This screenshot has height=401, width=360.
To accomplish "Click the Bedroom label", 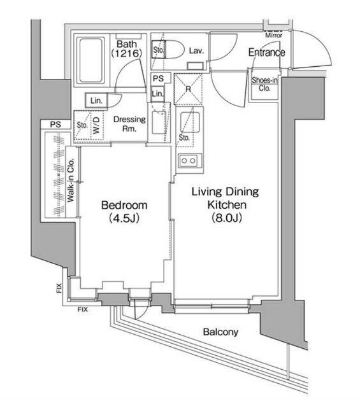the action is pyautogui.click(x=124, y=205).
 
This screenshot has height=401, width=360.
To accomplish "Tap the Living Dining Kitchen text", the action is pyautogui.click(x=226, y=198).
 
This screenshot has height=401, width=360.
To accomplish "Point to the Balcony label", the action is pyautogui.click(x=220, y=332).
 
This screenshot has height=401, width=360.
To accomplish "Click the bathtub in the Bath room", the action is pyautogui.click(x=90, y=60).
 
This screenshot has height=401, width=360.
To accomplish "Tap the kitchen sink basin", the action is pyautogui.click(x=190, y=122).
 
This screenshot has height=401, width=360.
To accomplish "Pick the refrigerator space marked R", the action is pyautogui.click(x=188, y=89).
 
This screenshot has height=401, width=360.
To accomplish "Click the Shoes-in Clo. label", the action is pyautogui.click(x=264, y=84).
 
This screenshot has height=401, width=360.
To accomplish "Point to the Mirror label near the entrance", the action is pyautogui.click(x=273, y=35).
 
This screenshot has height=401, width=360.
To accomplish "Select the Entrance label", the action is pyautogui.click(x=266, y=52).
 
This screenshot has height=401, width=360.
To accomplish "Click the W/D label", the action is pyautogui.click(x=96, y=125).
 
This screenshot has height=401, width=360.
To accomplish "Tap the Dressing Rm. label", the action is pyautogui.click(x=129, y=123).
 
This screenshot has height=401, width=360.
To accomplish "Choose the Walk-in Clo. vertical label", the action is pyautogui.click(x=71, y=180).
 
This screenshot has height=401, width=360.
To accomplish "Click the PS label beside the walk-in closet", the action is pyautogui.click(x=55, y=125).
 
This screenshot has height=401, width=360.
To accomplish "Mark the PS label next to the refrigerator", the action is pyautogui.click(x=158, y=78).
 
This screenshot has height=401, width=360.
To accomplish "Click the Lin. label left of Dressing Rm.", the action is pyautogui.click(x=96, y=101).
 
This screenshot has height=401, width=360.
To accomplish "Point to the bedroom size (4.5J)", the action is pyautogui.click(x=124, y=218).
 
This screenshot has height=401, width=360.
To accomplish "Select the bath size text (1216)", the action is pyautogui.click(x=126, y=53).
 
